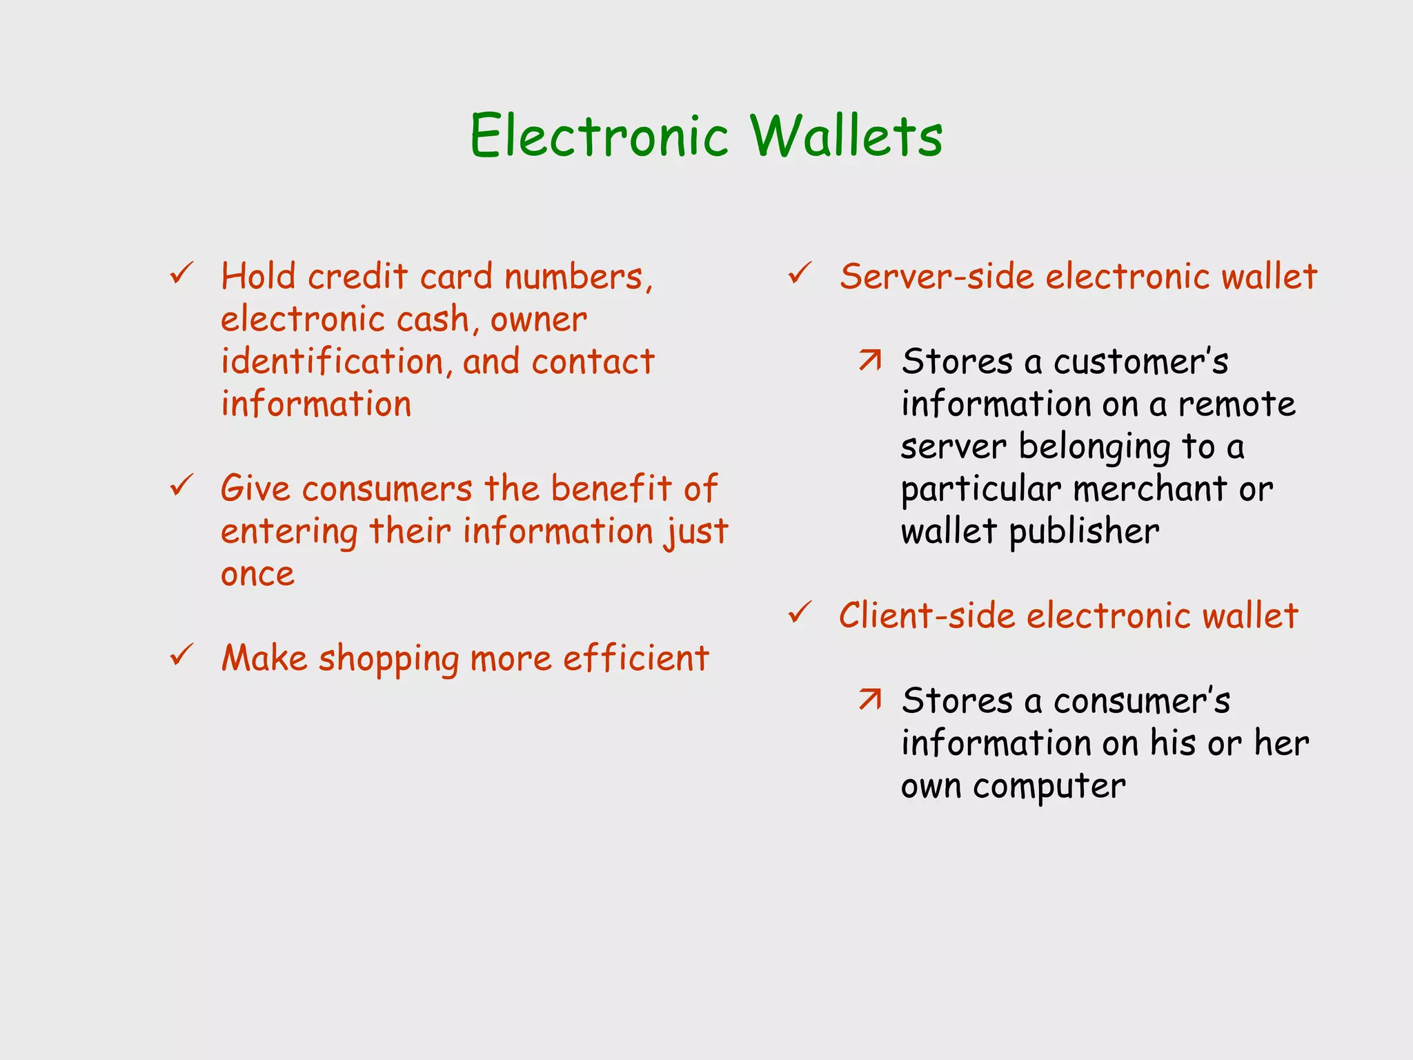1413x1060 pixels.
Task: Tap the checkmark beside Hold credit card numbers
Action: (x=181, y=274)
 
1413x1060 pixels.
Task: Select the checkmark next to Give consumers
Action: (x=181, y=486)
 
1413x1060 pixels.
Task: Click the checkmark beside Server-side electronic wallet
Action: (x=800, y=274)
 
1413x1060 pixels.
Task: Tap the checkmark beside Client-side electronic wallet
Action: (x=800, y=613)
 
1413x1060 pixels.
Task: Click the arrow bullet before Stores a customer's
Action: (x=870, y=360)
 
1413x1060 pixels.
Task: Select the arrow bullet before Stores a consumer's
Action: (x=870, y=699)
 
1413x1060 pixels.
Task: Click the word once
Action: (x=257, y=575)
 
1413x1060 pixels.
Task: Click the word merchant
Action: (x=1150, y=489)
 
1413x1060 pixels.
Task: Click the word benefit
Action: (x=611, y=489)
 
